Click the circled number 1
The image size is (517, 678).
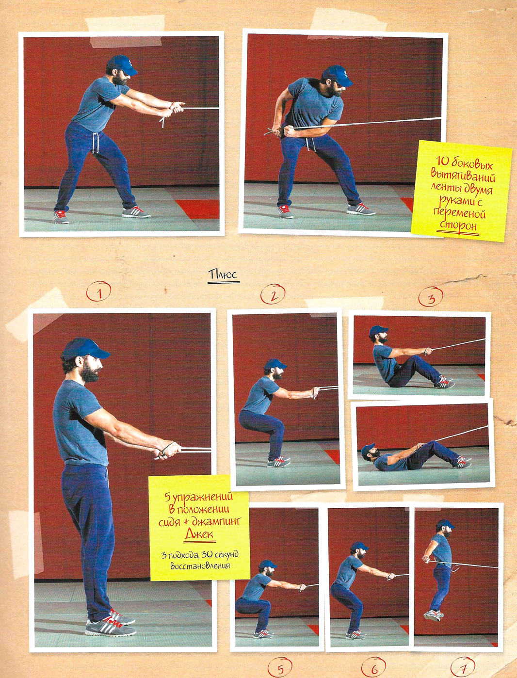98,291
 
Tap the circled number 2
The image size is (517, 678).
273,294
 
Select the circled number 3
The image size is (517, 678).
431,296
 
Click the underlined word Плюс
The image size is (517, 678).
224,274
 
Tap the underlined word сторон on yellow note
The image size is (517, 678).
458,225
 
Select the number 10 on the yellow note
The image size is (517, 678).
442,161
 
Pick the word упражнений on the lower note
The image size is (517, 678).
202,497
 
